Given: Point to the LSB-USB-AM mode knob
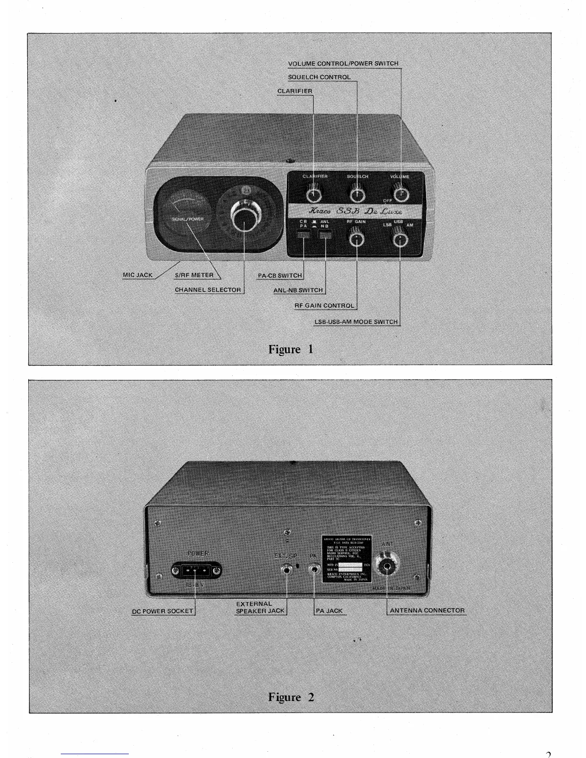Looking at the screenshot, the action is pyautogui.click(x=400, y=236).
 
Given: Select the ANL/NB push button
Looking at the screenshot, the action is pyautogui.click(x=326, y=235).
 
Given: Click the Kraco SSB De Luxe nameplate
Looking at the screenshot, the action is pyautogui.click(x=355, y=211).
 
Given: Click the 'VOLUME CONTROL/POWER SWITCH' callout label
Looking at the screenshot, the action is pyautogui.click(x=343, y=63).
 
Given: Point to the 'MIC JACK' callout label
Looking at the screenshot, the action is pyautogui.click(x=137, y=275).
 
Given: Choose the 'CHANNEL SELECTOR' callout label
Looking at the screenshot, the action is pyautogui.click(x=208, y=290).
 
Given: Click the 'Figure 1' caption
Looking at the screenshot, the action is pyautogui.click(x=291, y=349).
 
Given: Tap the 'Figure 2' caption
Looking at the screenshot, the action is pyautogui.click(x=291, y=697).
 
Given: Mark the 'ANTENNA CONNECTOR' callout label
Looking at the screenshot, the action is pyautogui.click(x=427, y=611).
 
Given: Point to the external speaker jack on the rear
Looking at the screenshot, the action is pyautogui.click(x=287, y=569).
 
